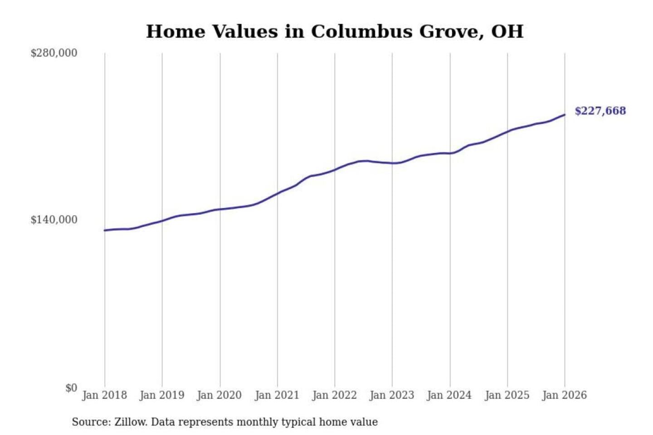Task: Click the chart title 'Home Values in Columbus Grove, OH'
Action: (335, 31)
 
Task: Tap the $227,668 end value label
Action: (600, 111)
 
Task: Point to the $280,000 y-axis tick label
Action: (54, 53)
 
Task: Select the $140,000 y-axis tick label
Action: (54, 220)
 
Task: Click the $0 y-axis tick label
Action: (71, 388)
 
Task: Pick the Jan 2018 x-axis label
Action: (104, 395)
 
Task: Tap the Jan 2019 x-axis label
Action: (162, 395)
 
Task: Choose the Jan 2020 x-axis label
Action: (219, 395)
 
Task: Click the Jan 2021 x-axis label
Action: (277, 395)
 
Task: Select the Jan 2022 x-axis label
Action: (335, 395)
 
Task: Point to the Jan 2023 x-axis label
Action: (392, 395)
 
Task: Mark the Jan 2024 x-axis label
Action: (449, 395)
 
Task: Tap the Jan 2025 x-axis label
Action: (507, 395)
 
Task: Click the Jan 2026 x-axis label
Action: (565, 395)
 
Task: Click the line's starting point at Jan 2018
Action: (105, 230)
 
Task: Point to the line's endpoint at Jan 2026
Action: (565, 115)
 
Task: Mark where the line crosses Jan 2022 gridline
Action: (335, 169)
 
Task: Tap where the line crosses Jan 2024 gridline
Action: (450, 153)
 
